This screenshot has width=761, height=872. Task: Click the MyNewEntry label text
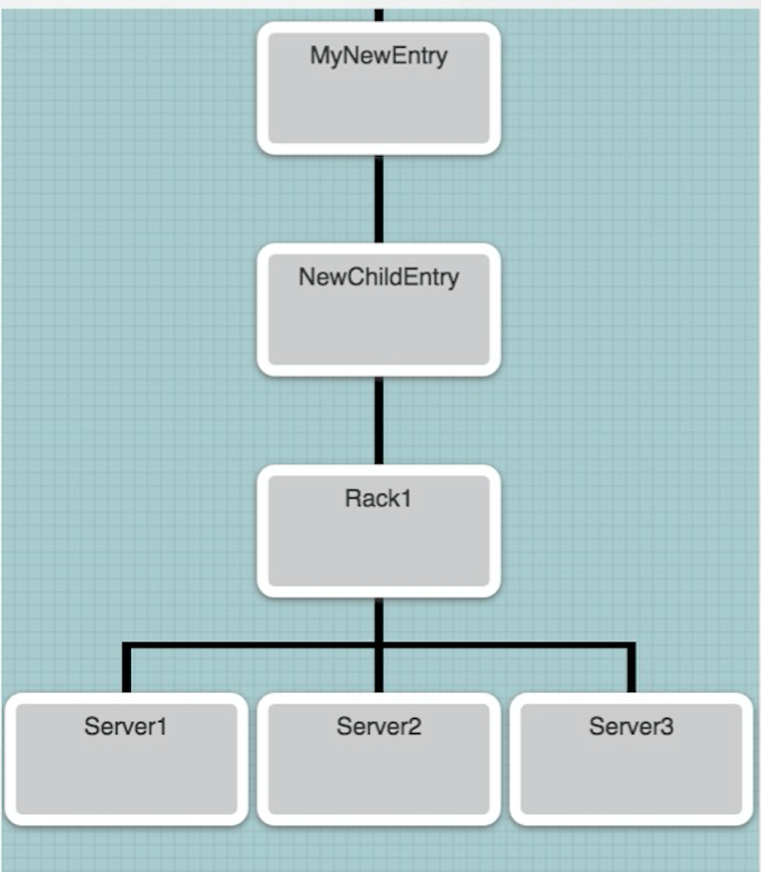click(379, 55)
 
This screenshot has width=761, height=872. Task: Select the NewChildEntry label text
click(379, 277)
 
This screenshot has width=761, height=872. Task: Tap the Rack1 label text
click(379, 498)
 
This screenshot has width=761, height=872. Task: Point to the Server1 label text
click(125, 727)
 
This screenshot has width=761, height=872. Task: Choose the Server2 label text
click(379, 727)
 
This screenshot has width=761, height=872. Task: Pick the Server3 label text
click(631, 727)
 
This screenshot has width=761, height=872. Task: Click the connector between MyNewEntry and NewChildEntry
click(379, 198)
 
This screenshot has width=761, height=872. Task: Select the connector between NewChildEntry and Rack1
click(379, 420)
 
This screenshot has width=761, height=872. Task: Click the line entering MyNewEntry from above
click(379, 13)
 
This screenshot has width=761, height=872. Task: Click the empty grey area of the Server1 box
click(125, 779)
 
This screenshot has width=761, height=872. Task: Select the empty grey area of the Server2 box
click(379, 779)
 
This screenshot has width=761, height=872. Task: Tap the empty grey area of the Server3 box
click(631, 779)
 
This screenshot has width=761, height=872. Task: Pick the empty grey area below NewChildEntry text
click(379, 330)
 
